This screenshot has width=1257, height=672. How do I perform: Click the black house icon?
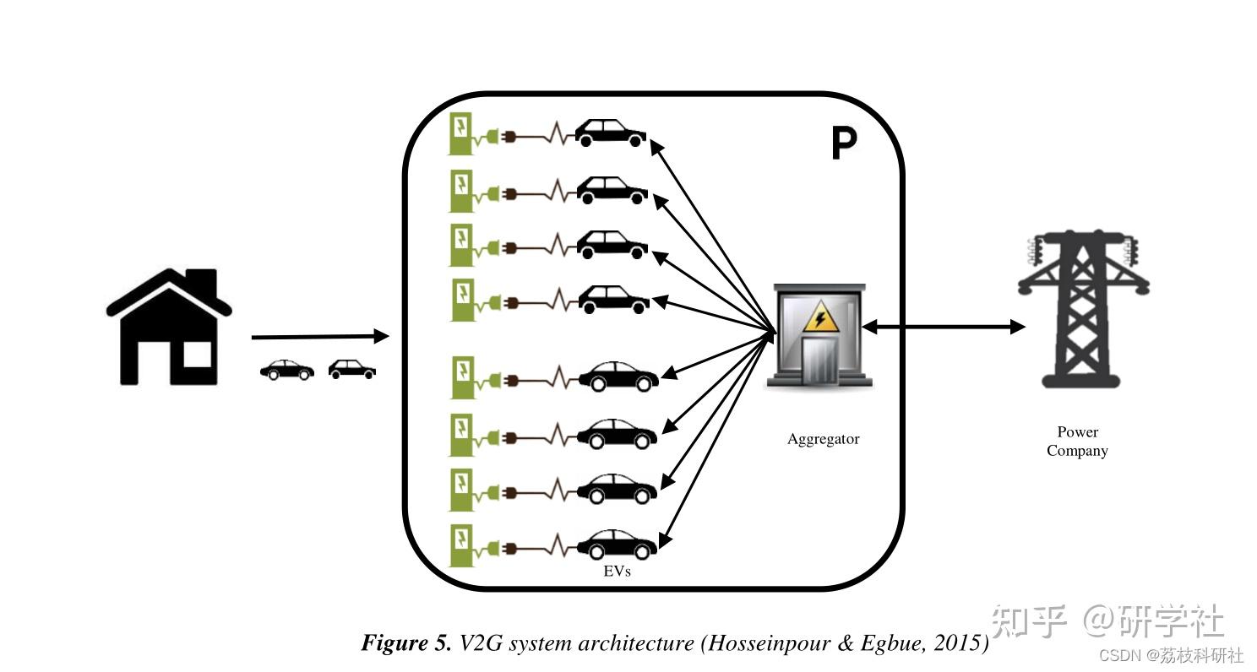[x=168, y=329]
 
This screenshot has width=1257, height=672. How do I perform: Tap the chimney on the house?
[x=200, y=281]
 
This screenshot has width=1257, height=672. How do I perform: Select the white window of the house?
[x=197, y=355]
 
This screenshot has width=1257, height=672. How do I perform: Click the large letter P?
[x=843, y=144]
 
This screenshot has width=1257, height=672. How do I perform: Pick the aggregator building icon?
[x=818, y=336]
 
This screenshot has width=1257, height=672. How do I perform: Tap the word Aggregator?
[x=823, y=439]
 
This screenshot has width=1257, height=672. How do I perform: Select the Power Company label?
[x=1077, y=442]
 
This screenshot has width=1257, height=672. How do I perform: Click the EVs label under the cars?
[x=617, y=572]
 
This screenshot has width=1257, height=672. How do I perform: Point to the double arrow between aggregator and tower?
[x=943, y=327]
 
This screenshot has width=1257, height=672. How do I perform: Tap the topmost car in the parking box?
[x=610, y=133]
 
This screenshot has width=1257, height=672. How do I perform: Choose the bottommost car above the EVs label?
[x=617, y=544]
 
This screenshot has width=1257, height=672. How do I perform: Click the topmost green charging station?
[x=461, y=133]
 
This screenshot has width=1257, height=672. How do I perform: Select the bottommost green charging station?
[x=461, y=545]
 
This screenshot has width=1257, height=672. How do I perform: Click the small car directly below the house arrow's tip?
[x=351, y=369]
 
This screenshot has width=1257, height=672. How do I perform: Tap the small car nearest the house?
[x=286, y=370]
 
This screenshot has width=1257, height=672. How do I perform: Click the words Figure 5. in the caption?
[x=406, y=643]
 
